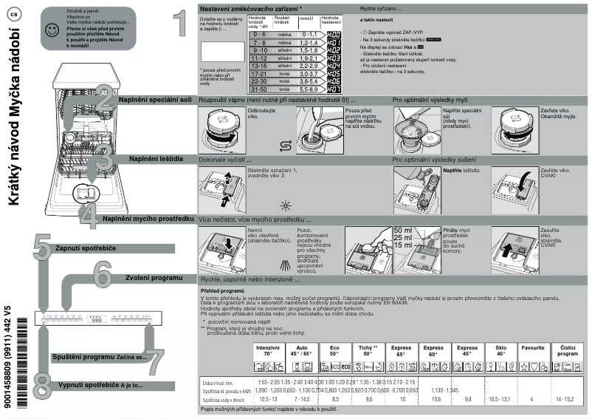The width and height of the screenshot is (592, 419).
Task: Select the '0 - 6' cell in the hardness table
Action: [259, 34]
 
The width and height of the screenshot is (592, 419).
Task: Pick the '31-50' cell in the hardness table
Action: [259, 88]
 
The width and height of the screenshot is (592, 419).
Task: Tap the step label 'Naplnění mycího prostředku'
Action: [148, 219]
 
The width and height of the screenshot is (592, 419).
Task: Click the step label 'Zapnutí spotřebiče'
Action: [86, 248]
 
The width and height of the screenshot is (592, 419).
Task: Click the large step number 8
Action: [42, 386]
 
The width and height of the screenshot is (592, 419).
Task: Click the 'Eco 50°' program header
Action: [335, 350]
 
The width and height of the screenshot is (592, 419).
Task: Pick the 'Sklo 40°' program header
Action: [501, 350]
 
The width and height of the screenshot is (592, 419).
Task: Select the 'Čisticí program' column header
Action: [568, 350]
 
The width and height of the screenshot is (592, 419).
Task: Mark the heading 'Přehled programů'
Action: [222, 291]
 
